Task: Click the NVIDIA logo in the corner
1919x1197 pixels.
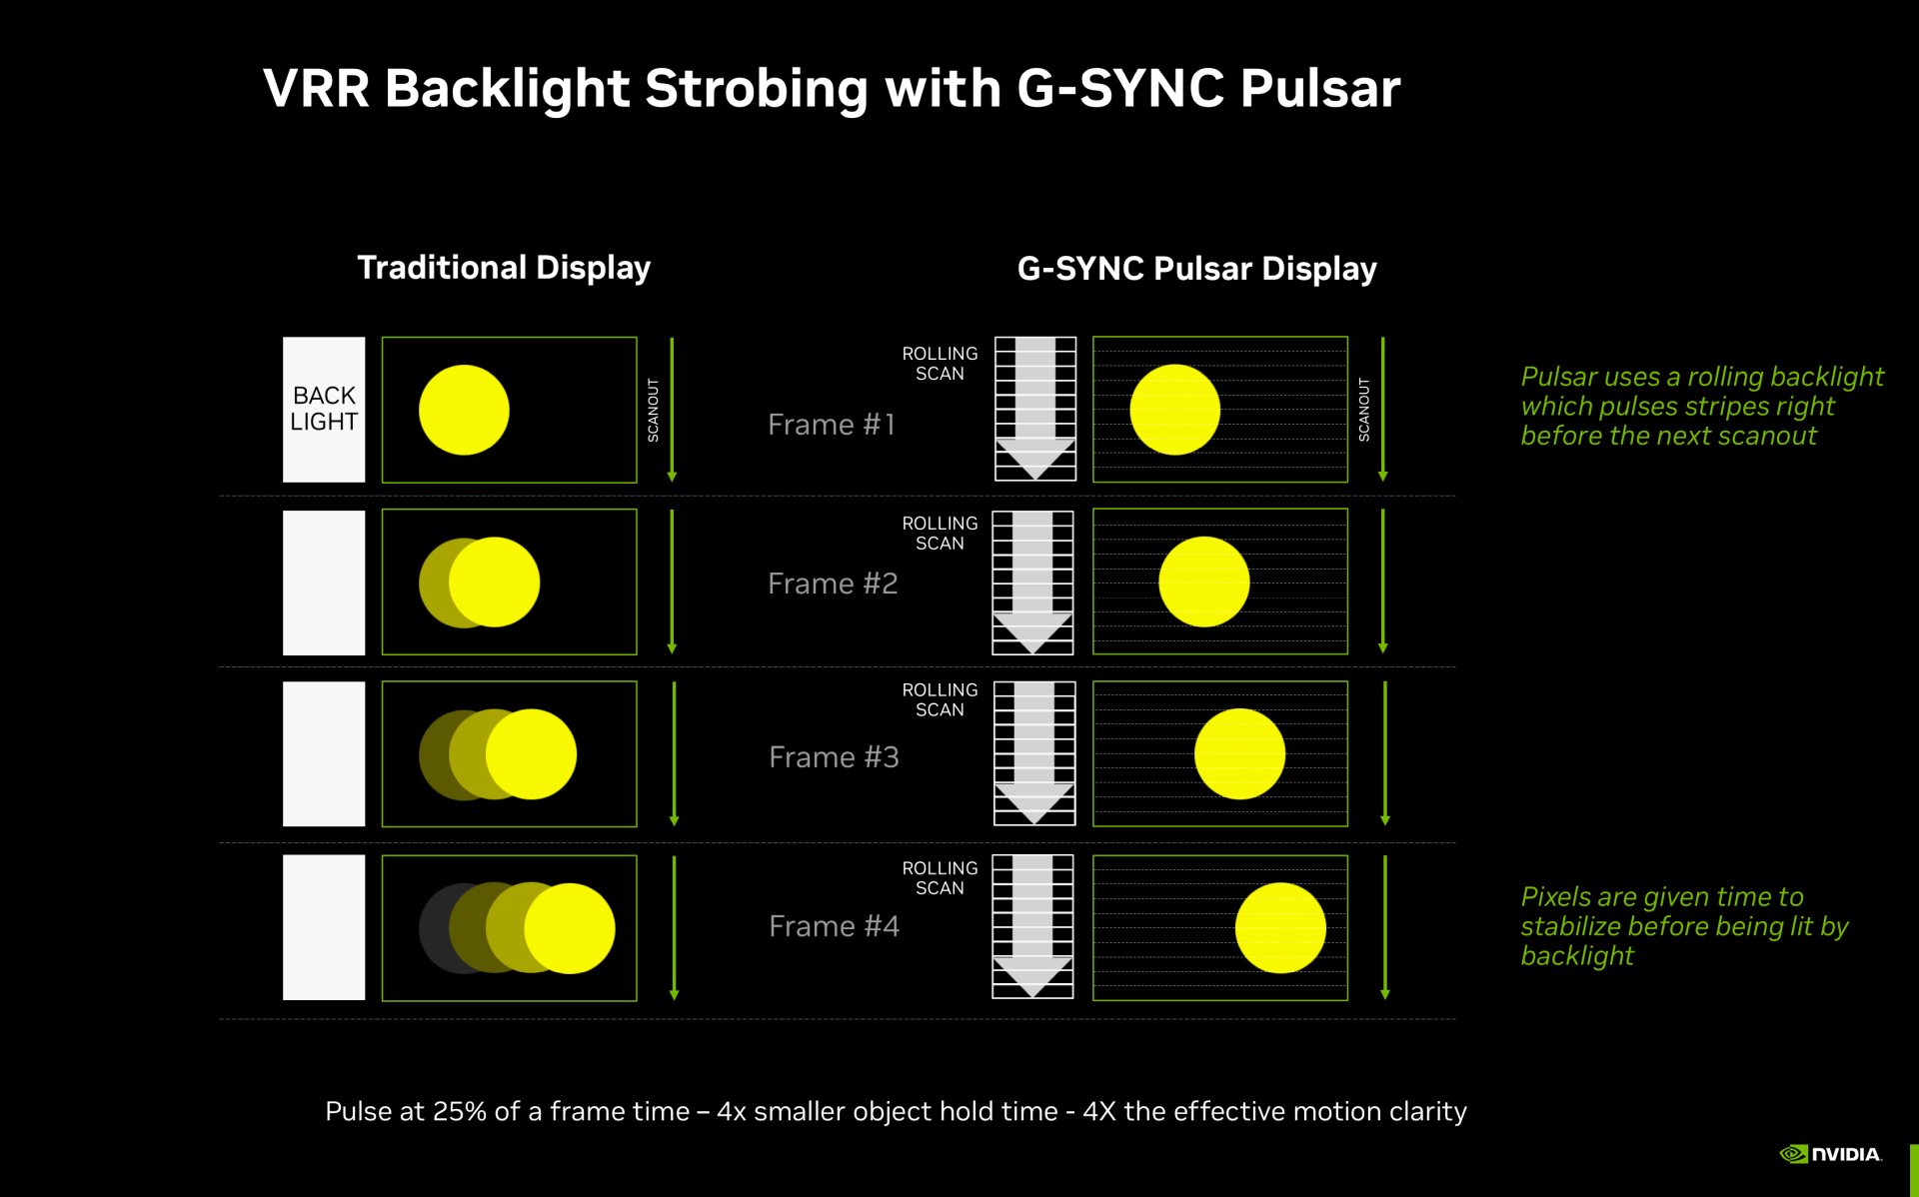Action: [x=1831, y=1154]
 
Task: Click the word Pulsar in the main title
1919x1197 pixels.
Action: [x=1320, y=88]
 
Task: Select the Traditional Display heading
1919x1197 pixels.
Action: [x=504, y=268]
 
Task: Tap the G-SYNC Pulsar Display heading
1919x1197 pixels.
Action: [x=1196, y=269]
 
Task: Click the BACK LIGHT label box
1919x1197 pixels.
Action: [x=324, y=409]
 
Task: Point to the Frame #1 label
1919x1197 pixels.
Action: [x=831, y=425]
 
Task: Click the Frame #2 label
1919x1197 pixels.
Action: [x=833, y=584]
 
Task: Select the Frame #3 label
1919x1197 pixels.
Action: [x=834, y=757]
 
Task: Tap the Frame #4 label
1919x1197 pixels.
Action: [x=834, y=926]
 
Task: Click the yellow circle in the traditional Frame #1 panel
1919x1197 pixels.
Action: [x=464, y=410]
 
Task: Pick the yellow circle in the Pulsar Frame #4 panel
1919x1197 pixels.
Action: [x=1280, y=927]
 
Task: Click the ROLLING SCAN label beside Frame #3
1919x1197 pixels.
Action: [x=940, y=699]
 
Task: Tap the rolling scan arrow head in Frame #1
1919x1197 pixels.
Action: [x=1035, y=459]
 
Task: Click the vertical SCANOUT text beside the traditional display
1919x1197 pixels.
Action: [x=653, y=410]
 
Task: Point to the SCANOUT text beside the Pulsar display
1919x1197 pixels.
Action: [x=1363, y=410]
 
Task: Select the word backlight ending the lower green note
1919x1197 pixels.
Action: [x=1577, y=956]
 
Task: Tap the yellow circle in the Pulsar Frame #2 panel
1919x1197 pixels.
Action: [x=1204, y=582]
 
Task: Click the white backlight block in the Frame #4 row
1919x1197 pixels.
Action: [x=324, y=927]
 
